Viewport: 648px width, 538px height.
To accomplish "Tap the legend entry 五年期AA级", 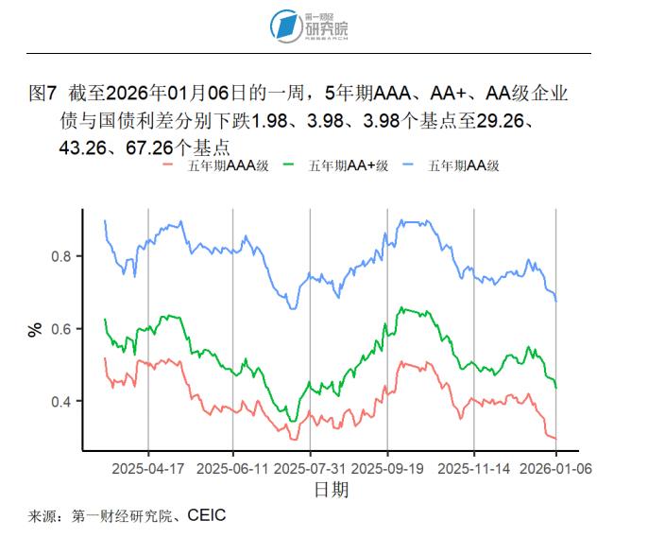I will [x=463, y=165].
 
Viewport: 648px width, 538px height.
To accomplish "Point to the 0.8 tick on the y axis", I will [x=62, y=256].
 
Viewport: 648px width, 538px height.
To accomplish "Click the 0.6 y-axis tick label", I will [x=62, y=329].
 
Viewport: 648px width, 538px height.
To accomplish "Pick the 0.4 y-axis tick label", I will [x=62, y=402].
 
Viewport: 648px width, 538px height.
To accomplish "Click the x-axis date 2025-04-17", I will [x=147, y=468].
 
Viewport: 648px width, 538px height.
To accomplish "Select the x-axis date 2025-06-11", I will [x=232, y=468].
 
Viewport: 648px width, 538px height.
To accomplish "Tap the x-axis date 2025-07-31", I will [x=309, y=468].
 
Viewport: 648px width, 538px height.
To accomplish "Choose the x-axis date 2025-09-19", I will [x=386, y=468].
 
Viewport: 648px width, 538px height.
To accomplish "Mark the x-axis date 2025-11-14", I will [x=474, y=468].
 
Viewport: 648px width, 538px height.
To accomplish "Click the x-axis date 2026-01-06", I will [x=554, y=468].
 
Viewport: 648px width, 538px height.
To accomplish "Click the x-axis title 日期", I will [x=331, y=490].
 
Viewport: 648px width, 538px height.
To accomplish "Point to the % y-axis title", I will [x=35, y=329].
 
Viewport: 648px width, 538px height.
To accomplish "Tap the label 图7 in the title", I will [x=44, y=95].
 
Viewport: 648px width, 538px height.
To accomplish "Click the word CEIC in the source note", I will [x=207, y=516].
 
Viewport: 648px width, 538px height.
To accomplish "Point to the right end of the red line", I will [x=555, y=439].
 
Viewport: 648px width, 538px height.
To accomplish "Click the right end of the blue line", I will [x=555, y=301].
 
